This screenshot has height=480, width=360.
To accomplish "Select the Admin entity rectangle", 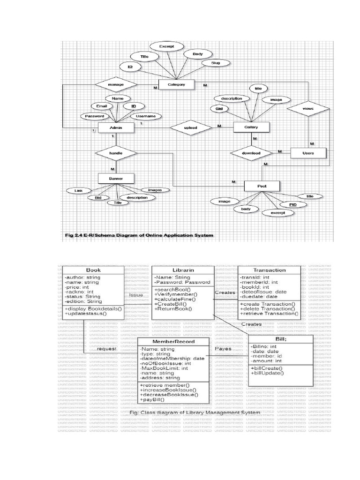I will click(115, 128).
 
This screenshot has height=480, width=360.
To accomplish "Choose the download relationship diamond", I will click(252, 153).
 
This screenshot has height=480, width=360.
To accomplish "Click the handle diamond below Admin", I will click(116, 153).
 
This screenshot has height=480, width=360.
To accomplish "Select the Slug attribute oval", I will click(216, 63).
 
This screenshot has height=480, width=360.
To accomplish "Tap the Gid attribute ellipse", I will click(218, 108).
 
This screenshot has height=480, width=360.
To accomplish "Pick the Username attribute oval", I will click(146, 115).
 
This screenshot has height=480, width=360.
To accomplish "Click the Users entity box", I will click(307, 153).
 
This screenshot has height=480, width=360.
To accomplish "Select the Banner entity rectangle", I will click(116, 179).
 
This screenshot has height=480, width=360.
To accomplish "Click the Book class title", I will click(94, 270).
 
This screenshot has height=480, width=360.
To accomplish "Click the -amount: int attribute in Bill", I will click(266, 361).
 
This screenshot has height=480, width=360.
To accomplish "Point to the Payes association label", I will click(224, 349).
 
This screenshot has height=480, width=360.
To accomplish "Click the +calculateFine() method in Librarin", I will click(176, 299).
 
